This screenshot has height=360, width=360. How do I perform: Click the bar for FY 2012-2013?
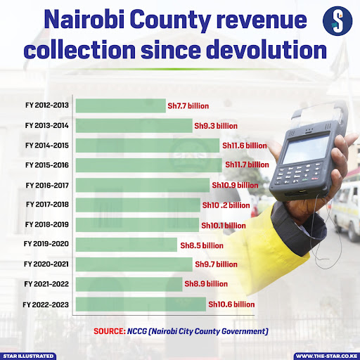click(x=120, y=105)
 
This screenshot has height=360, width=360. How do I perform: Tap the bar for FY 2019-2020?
click(x=127, y=245)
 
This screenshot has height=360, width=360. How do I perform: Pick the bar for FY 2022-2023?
click(x=140, y=304)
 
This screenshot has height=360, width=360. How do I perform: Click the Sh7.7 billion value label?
click(x=188, y=105)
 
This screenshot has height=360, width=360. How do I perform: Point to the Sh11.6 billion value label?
click(x=245, y=146)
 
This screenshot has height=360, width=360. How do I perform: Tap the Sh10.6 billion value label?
click(x=231, y=304)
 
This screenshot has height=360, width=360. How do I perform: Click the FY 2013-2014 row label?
click(x=48, y=125)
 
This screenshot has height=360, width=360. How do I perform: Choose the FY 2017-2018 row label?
click(x=48, y=205)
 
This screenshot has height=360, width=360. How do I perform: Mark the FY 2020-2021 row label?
click(x=48, y=265)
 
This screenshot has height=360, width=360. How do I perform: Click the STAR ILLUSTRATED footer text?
click(x=28, y=356)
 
